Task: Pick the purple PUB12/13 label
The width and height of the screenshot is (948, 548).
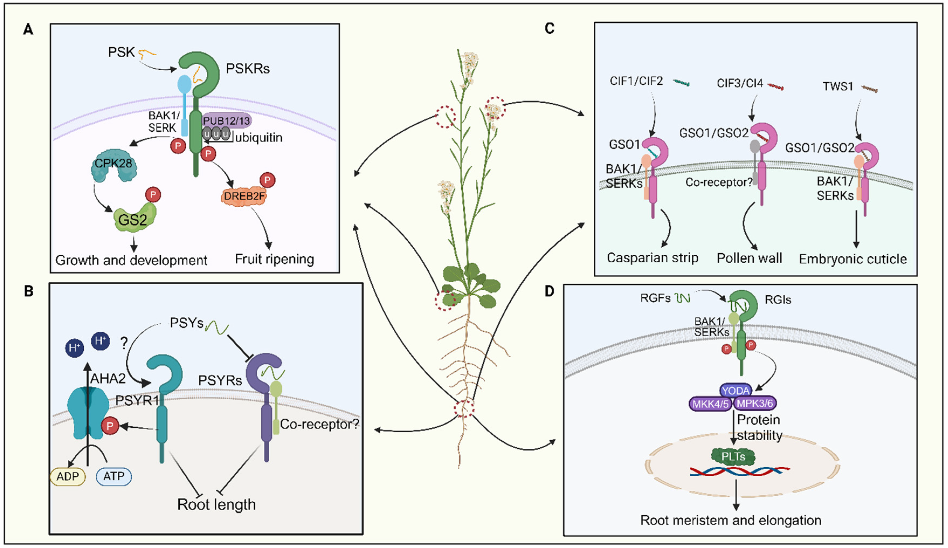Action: tap(226, 121)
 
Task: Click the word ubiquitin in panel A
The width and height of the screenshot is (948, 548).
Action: tap(258, 138)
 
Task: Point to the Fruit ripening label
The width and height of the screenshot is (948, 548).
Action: tap(274, 259)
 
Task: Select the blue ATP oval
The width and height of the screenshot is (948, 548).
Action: tap(114, 476)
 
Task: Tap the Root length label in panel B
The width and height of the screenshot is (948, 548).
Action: tap(216, 504)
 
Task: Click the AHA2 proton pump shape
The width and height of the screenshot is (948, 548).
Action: tap(86, 413)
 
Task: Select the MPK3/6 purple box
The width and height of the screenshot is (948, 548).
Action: tap(755, 403)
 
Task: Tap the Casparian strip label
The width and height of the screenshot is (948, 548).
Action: tap(652, 258)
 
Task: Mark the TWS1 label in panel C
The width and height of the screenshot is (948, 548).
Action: tap(838, 86)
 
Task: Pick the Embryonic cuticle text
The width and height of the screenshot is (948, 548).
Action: tap(852, 259)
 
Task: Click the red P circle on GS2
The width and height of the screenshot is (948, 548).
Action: tap(153, 195)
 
